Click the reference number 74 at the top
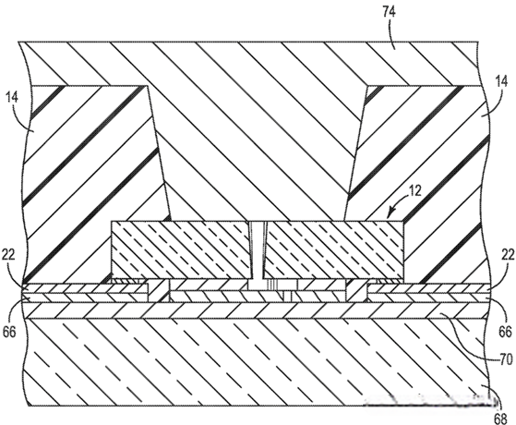389,12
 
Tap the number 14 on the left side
12,98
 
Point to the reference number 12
414,191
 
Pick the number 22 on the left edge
8,255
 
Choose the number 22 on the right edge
508,255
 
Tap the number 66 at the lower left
9,332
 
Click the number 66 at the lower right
506,331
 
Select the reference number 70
506,358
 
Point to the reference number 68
500,419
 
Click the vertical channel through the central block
258,250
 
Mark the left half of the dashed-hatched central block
180,250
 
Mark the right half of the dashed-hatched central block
334,250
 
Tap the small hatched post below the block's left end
159,291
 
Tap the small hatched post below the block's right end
356,291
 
